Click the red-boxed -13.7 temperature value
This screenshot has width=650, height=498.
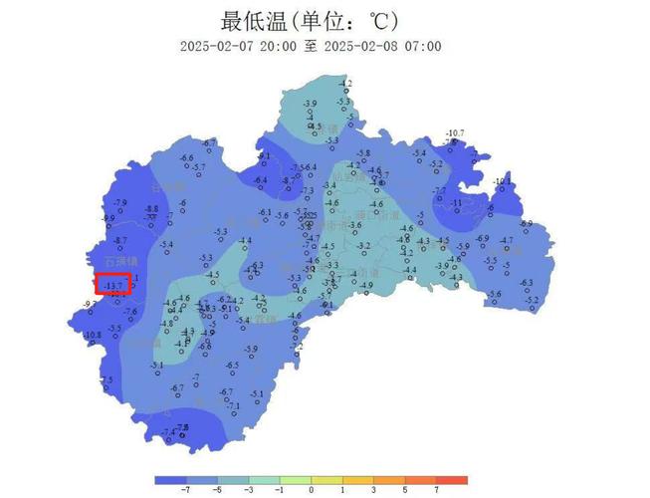coord(113,285)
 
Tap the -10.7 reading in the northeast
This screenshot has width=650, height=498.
coord(455,132)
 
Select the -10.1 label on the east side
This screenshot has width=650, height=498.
coord(501,181)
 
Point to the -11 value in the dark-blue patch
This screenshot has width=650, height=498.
coord(457,203)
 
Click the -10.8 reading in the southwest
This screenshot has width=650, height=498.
coord(93,335)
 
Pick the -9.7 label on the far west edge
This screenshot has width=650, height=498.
coord(89,304)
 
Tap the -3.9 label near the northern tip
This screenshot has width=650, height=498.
coord(310,104)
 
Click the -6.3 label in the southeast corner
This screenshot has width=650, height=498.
coord(526,283)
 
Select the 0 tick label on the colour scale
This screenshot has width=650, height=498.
coord(312,490)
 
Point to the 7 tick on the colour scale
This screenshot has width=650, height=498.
coord(436,490)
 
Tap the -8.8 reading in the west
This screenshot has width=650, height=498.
coord(151,208)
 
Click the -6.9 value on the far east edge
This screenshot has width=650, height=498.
coord(526,224)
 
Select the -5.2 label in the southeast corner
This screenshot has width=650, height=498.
coord(532,300)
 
